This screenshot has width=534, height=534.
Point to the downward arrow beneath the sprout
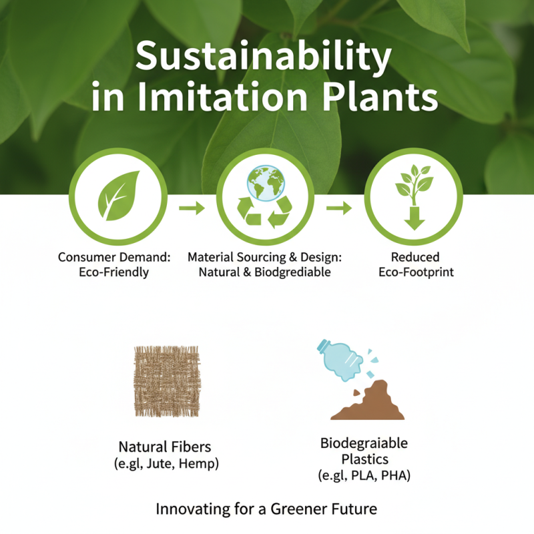tap(414, 218)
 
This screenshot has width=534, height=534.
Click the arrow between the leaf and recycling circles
tap(192, 208)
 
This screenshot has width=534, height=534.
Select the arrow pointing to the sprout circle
tap(339, 208)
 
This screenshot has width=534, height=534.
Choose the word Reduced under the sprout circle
tap(416, 257)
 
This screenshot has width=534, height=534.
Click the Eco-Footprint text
tap(416, 272)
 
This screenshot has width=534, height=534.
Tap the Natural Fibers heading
tap(164, 447)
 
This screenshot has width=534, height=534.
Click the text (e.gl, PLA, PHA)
tap(364, 476)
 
